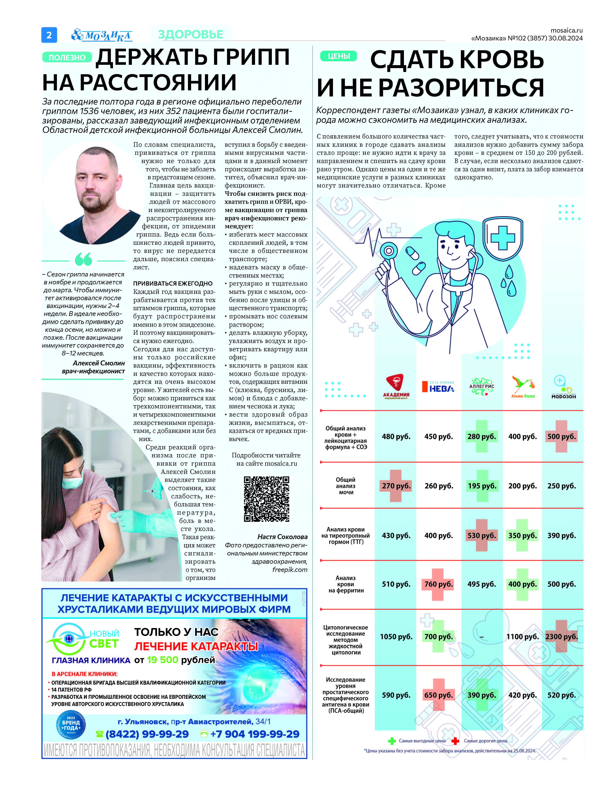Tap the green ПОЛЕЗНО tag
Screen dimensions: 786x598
[x=67, y=57]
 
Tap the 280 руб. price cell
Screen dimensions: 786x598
[x=482, y=437]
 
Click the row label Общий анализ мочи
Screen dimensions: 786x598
[x=346, y=486]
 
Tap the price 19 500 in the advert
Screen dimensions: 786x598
[x=162, y=660]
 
